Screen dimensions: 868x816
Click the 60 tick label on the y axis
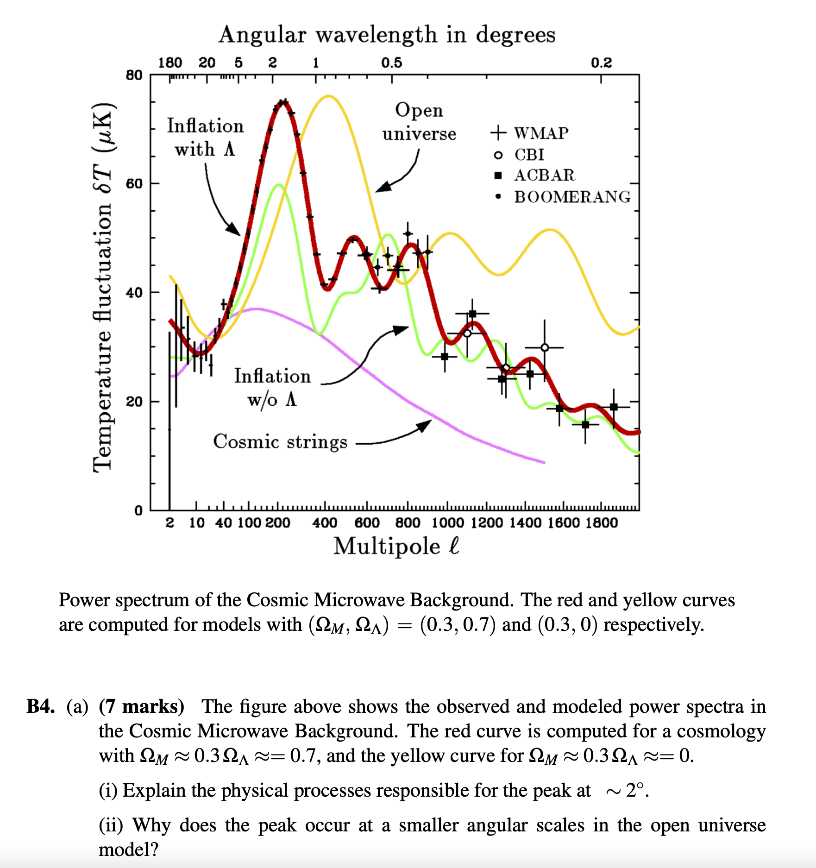(x=134, y=184)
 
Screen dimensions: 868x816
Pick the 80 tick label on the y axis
(x=134, y=75)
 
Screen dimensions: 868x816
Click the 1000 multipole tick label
(x=447, y=523)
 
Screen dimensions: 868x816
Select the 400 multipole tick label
(x=324, y=523)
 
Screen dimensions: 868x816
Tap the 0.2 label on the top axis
(x=601, y=63)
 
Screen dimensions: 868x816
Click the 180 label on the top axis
(x=170, y=63)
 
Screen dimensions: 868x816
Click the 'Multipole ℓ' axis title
(x=396, y=546)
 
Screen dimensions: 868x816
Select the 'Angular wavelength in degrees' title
(x=387, y=35)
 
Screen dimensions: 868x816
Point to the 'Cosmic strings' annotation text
(x=280, y=441)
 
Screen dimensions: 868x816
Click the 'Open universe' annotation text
(x=419, y=122)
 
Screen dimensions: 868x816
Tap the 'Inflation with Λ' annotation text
(x=205, y=138)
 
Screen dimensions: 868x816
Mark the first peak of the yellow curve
(x=328, y=96)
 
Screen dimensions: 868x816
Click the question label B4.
(x=41, y=706)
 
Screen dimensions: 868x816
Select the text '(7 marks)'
(x=142, y=706)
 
